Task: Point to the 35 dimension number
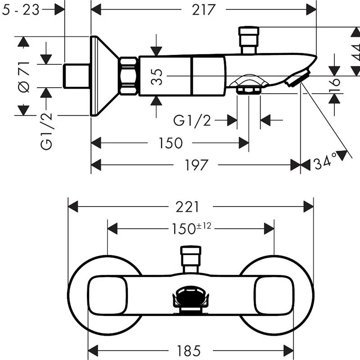click(x=157, y=76)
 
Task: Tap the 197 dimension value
click(x=196, y=165)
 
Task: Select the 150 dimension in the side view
click(x=171, y=143)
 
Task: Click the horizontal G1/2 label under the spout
click(x=193, y=121)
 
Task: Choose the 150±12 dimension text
click(x=191, y=229)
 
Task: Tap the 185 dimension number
click(x=188, y=349)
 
